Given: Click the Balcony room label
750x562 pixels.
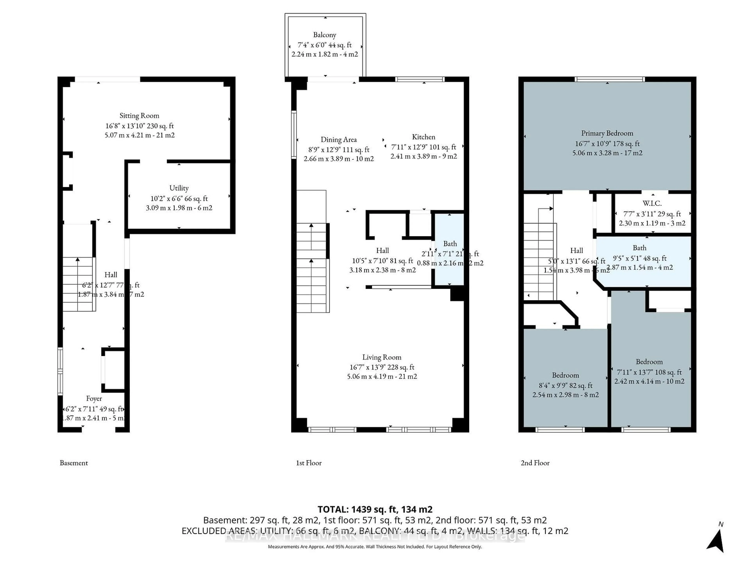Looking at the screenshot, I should point(324,35).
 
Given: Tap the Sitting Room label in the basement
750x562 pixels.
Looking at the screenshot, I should point(139,116).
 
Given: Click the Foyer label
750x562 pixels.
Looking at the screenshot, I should point(94,399).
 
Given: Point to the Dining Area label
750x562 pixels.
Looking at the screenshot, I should point(338,140).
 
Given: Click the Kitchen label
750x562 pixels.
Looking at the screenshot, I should point(423,137).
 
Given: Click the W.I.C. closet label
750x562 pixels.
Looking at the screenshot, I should point(652,204).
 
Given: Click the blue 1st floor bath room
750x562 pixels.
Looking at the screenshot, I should point(449,268).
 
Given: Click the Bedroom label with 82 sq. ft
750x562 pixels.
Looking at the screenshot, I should point(565,375).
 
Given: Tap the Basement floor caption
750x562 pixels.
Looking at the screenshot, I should point(74,463).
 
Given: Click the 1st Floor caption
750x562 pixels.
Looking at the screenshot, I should point(309,463).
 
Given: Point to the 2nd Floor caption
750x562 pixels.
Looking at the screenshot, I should point(535,463).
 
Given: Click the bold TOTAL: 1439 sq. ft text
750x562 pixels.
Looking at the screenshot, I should point(374,510).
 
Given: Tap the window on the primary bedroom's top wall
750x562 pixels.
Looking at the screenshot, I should point(609,79).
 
